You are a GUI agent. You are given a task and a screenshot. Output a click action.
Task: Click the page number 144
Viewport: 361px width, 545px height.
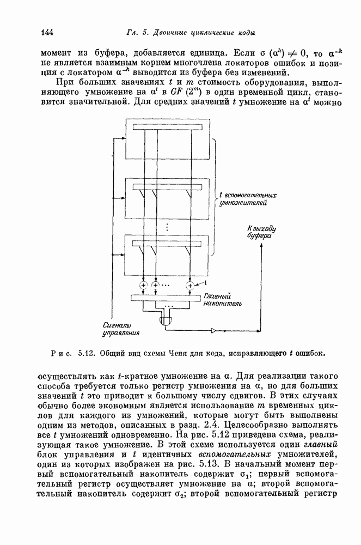[47, 32]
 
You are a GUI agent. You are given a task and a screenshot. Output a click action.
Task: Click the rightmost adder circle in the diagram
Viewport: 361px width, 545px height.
[191, 284]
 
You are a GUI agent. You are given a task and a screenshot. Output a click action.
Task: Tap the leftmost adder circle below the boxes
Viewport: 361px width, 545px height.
[144, 284]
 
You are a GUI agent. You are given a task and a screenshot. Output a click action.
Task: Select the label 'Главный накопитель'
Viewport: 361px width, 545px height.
[218, 298]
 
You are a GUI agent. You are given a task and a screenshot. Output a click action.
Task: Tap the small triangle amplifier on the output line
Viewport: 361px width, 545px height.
[213, 330]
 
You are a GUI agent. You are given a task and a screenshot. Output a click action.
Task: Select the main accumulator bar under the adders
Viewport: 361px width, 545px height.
[166, 298]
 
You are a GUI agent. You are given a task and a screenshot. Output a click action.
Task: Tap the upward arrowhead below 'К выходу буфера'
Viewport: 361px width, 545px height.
[262, 245]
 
